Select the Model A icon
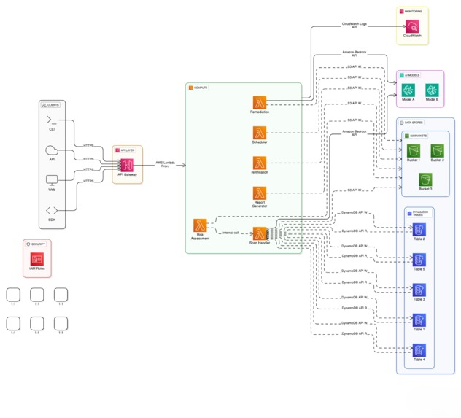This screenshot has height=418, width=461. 408,90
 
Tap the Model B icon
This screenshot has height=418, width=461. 432,90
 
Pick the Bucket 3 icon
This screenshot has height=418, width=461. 425,179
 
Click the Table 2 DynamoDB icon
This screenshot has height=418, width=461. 419,230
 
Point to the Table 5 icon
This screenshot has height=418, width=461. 419,260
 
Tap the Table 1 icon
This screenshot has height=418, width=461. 419,320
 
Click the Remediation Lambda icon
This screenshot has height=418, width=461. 260,103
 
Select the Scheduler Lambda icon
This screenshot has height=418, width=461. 260,133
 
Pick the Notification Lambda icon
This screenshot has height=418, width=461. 260,163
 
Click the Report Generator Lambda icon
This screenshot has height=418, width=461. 260,193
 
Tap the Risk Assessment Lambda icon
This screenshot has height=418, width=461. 200,225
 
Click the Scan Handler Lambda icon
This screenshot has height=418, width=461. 260,233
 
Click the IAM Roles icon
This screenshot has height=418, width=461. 37,259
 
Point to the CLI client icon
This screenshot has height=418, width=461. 52,120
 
